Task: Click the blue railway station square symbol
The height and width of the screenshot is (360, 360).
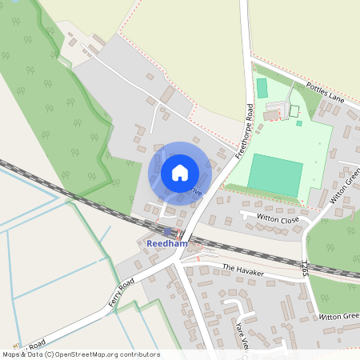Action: click(167, 231)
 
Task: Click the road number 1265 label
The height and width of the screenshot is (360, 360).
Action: click(305, 267)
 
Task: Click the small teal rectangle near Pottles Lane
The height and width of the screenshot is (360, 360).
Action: click(262, 88)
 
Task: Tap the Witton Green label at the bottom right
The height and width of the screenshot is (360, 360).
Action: click(341, 317)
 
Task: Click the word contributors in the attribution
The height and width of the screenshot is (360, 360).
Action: click(138, 354)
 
